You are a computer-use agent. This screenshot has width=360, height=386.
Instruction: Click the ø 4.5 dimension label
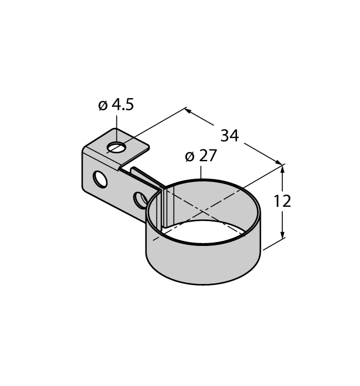point(116,105)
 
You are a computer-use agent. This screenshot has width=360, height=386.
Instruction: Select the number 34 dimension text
point(229,135)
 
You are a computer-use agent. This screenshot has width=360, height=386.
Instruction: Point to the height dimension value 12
point(282,201)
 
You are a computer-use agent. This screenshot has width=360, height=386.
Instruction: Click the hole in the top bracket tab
point(116,147)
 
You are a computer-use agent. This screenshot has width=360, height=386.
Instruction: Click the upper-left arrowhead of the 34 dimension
point(187,110)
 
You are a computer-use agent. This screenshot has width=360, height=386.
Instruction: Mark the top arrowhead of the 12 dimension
point(283,169)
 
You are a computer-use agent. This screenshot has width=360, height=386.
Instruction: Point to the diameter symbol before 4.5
point(102,105)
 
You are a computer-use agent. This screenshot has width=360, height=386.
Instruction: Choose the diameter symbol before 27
point(189,157)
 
